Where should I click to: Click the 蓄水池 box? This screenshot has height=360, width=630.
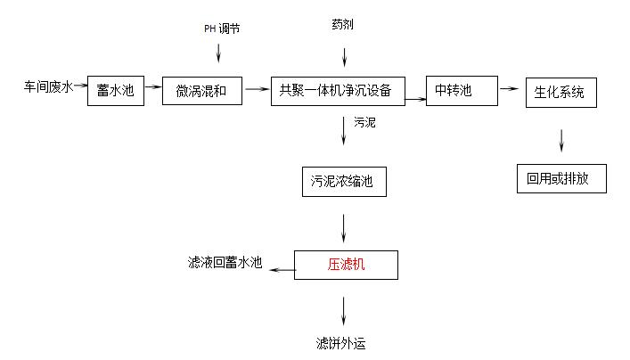pyautogui.click(x=116, y=91)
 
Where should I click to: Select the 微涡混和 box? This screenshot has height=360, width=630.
pyautogui.click(x=202, y=91)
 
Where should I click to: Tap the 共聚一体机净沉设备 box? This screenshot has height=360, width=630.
pyautogui.click(x=338, y=90)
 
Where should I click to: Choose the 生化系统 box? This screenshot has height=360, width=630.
pyautogui.click(x=560, y=93)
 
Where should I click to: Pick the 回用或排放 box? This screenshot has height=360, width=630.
pyautogui.click(x=561, y=177)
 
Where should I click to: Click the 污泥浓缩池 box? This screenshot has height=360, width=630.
pyautogui.click(x=343, y=183)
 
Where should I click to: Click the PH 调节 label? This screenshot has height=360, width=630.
pyautogui.click(x=221, y=29)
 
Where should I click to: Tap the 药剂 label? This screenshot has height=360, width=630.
pyautogui.click(x=342, y=24)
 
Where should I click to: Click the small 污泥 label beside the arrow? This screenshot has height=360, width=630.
pyautogui.click(x=364, y=122)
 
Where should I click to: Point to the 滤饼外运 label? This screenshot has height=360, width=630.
pyautogui.click(x=340, y=342)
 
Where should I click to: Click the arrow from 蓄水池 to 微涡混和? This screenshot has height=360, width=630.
pyautogui.click(x=153, y=87)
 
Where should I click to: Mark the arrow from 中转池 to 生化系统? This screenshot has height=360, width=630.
pyautogui.click(x=509, y=88)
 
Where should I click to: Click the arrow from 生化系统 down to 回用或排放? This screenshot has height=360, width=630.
pyautogui.click(x=560, y=140)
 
